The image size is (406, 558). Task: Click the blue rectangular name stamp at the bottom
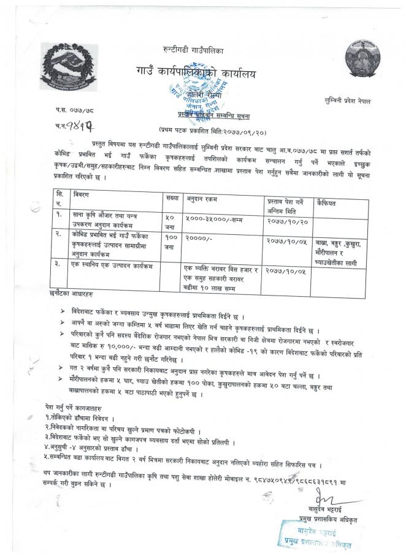316,533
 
